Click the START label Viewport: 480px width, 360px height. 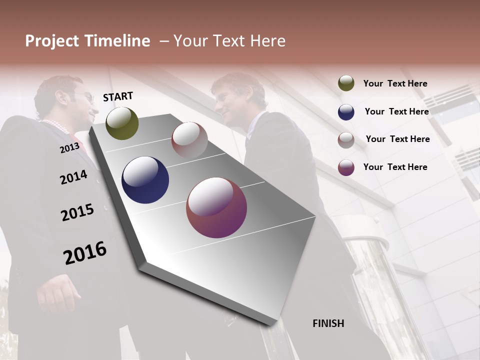click(118, 96)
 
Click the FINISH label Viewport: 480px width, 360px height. click(328, 323)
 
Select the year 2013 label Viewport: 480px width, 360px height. click(69, 148)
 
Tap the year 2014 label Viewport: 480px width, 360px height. click(73, 177)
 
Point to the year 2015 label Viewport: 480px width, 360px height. click(77, 212)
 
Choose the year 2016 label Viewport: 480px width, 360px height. click(85, 253)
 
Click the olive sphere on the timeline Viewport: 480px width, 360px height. click(122, 123)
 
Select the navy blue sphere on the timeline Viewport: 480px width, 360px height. click(145, 180)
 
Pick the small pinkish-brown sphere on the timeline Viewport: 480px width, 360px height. click(189, 139)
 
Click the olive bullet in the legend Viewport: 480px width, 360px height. click(346, 83)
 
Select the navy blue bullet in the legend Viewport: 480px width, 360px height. click(346, 112)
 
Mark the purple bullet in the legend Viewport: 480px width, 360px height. click(346, 167)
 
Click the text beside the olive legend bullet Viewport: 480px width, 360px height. click(395, 84)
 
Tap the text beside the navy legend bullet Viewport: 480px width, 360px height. click(396, 111)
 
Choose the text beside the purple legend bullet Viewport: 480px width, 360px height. click(395, 167)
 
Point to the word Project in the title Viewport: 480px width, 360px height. click(52, 41)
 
